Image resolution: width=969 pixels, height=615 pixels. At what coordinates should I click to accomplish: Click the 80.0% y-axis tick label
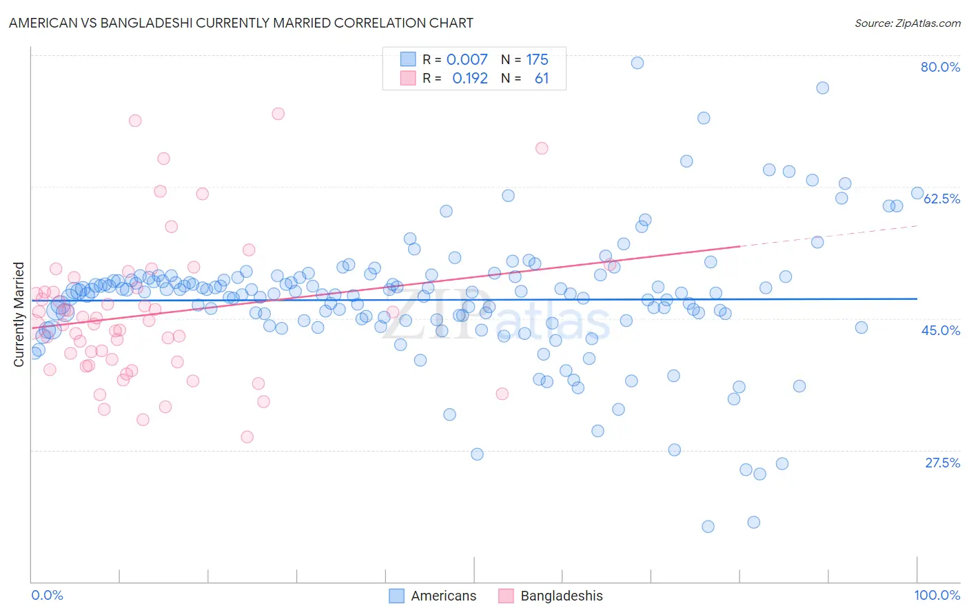click(940, 67)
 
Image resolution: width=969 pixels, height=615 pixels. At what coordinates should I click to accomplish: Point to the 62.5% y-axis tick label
click(941, 199)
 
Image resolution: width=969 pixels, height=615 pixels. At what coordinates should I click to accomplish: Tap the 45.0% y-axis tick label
click(941, 330)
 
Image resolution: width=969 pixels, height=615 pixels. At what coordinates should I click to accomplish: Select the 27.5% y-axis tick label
click(942, 463)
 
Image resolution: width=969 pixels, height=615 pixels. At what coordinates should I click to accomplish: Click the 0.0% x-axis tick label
click(47, 595)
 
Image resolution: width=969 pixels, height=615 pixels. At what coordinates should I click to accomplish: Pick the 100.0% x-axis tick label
click(937, 595)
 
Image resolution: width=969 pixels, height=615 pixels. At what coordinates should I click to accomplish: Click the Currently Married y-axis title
click(19, 314)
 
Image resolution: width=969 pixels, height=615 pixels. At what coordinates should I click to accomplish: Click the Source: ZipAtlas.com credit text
click(907, 23)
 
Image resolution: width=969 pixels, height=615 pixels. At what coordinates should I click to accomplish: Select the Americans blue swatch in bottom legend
click(396, 596)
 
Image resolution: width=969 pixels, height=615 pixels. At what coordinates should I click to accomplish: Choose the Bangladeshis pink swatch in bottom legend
click(506, 596)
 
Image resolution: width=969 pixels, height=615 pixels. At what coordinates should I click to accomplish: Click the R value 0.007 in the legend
click(467, 59)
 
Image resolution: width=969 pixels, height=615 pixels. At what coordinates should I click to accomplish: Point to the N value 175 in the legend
click(537, 59)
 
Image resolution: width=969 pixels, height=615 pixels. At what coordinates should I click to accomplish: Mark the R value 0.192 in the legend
click(469, 79)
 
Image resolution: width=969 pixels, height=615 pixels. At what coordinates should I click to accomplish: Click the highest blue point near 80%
click(637, 63)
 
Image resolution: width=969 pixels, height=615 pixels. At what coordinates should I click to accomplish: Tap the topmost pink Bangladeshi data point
click(278, 114)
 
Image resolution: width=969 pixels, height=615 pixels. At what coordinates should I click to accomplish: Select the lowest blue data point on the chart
click(708, 527)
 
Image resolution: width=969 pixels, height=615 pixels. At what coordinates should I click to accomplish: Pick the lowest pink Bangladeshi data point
click(247, 436)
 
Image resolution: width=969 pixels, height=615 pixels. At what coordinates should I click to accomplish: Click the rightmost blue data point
click(917, 193)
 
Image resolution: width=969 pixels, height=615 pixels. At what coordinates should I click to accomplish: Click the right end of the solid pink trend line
click(739, 245)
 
